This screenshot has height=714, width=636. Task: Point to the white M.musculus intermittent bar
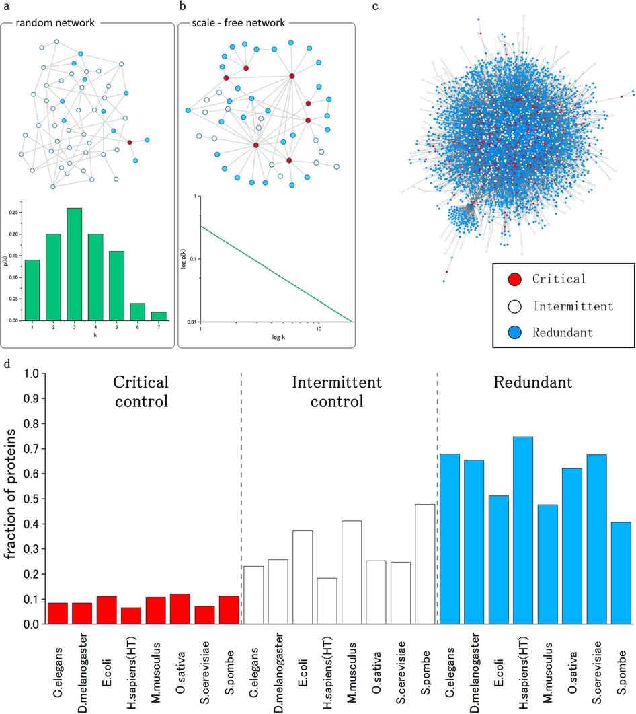351,572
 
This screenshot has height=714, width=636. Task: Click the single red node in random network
130,142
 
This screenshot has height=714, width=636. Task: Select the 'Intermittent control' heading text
337,392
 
